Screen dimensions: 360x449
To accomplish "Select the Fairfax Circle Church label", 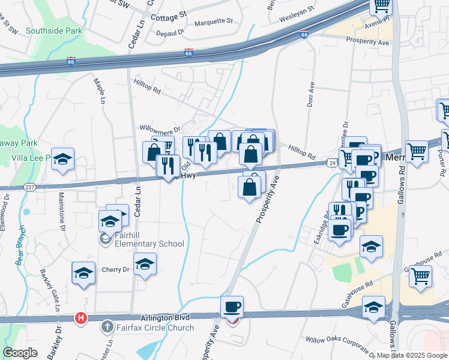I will (x=155, y=328).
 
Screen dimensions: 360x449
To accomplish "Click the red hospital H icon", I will (x=80, y=317).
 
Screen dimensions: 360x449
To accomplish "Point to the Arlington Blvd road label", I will (x=165, y=317).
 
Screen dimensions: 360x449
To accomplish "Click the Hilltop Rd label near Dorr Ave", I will (x=301, y=152).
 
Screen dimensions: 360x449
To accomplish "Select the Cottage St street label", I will (x=169, y=11).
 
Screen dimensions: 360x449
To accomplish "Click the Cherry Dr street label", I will (x=115, y=269).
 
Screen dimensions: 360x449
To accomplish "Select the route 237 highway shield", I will (x=29, y=188).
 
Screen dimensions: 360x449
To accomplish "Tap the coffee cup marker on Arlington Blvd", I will (x=232, y=307).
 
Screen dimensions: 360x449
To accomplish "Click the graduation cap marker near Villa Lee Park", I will (x=62, y=158).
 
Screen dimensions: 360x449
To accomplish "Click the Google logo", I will (x=20, y=353).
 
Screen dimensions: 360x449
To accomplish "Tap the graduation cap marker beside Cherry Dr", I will (x=145, y=264).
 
